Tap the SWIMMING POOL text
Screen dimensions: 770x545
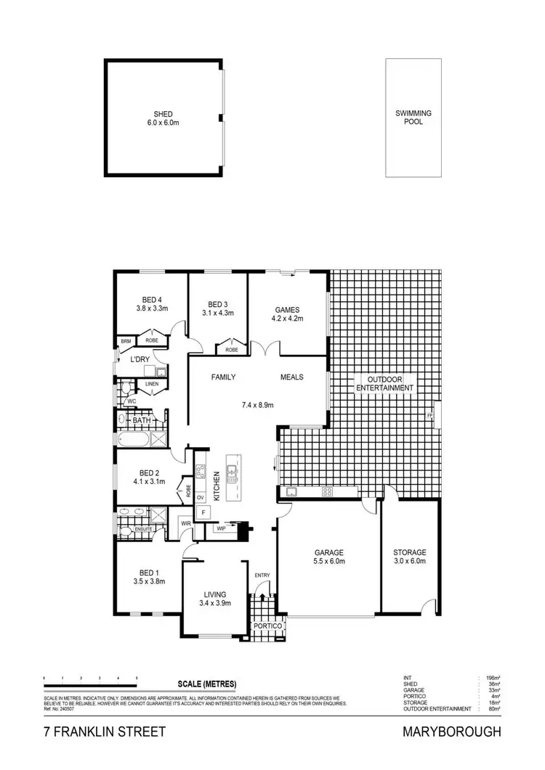coord(413,118)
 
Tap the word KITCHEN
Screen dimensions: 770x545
coord(217,484)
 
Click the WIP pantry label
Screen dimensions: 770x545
coord(221,529)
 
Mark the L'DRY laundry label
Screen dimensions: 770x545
coord(139,359)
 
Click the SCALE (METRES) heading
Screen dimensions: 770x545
coord(207,684)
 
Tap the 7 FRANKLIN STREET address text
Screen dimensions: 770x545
coord(103,732)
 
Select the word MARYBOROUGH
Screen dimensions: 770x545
coord(451,732)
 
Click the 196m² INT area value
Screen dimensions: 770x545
coord(493,678)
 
